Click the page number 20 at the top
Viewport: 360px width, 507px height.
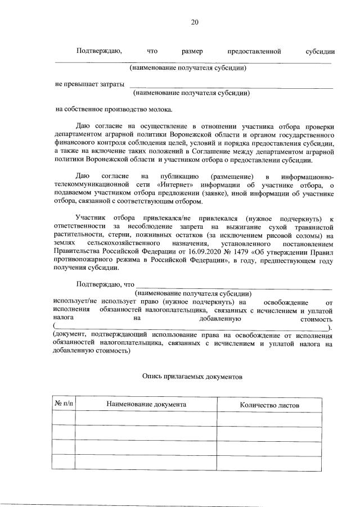pos(195,22)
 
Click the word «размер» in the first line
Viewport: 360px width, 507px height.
pos(192,52)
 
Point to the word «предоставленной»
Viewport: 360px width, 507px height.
pos(253,52)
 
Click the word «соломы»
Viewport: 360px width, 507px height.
pos(313,235)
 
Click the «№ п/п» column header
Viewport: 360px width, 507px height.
pos(64,405)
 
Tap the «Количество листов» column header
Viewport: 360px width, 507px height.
pos(269,405)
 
